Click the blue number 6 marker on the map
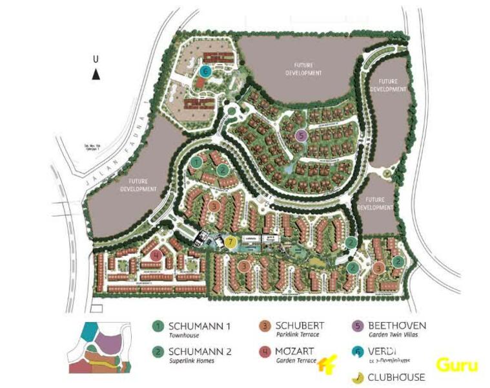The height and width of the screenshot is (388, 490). pyautogui.click(x=205, y=71)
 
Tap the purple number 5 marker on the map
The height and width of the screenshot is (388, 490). pyautogui.click(x=300, y=135)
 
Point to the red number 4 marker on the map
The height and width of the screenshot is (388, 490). pyautogui.click(x=156, y=255)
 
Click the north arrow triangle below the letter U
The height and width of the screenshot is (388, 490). pyautogui.click(x=96, y=74)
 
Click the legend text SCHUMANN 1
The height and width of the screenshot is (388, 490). pyautogui.click(x=199, y=326)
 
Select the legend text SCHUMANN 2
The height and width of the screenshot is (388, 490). pyautogui.click(x=199, y=351)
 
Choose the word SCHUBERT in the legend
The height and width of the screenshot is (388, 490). pyautogui.click(x=300, y=325)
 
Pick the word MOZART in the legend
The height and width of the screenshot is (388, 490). pyautogui.click(x=295, y=351)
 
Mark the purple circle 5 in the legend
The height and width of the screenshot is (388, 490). pyautogui.click(x=357, y=326)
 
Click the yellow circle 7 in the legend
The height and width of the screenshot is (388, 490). pyautogui.click(x=357, y=377)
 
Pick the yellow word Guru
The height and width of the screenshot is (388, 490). pyautogui.click(x=456, y=365)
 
